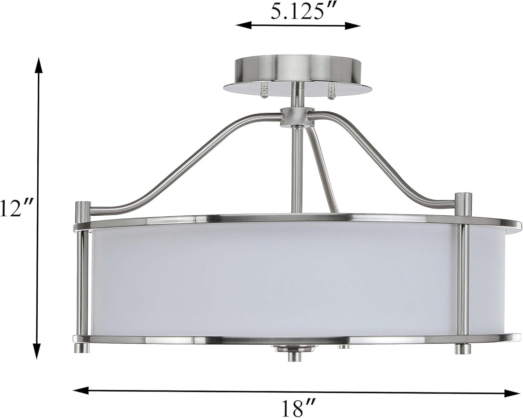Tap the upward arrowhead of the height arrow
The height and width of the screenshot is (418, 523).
[38, 65]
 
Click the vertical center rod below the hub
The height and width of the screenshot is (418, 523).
[297, 167]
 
